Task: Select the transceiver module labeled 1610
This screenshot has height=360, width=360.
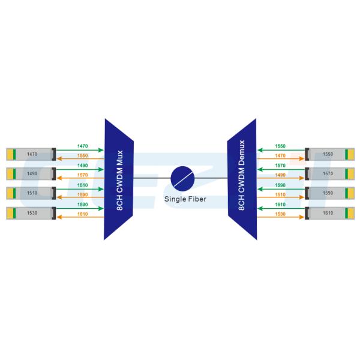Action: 329,212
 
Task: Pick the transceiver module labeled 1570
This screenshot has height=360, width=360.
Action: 329,173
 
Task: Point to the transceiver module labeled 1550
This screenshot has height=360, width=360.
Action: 329,154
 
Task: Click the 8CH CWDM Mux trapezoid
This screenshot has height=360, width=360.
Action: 118,179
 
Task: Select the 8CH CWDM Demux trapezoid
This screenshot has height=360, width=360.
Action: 242,179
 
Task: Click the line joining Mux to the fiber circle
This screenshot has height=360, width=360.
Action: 151,178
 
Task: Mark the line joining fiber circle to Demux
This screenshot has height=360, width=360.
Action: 211,178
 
